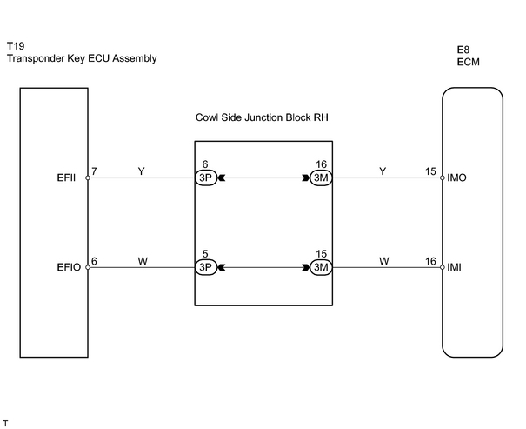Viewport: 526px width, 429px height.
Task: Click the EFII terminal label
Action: [x=66, y=178]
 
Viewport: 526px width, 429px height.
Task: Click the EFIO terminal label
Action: [x=69, y=267]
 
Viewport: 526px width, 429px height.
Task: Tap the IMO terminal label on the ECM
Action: [x=456, y=178]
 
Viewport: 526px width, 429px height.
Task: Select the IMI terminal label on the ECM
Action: [x=454, y=267]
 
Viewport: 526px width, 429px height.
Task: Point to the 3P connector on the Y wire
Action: [x=206, y=178]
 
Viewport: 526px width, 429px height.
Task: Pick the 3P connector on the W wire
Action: [x=206, y=267]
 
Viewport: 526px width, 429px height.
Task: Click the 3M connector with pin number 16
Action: [x=321, y=178]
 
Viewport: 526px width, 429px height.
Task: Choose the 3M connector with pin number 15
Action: [x=321, y=267]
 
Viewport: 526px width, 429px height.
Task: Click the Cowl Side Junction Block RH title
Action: [x=262, y=117]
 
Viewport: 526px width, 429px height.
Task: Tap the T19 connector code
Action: [x=16, y=45]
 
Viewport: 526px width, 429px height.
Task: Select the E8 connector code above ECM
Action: [x=463, y=50]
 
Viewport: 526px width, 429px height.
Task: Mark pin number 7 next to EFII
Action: [x=94, y=171]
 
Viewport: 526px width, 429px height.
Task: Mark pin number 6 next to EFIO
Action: [x=94, y=261]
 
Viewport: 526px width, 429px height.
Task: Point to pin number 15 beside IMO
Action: [x=430, y=171]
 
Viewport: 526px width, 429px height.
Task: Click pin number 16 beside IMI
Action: [x=430, y=261]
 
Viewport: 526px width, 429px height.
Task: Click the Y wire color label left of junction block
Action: [x=141, y=171]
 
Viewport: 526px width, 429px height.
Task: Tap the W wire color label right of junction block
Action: [x=384, y=261]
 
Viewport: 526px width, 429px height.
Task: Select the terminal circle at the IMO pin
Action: [x=443, y=178]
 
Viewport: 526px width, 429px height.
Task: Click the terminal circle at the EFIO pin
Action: [x=88, y=267]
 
